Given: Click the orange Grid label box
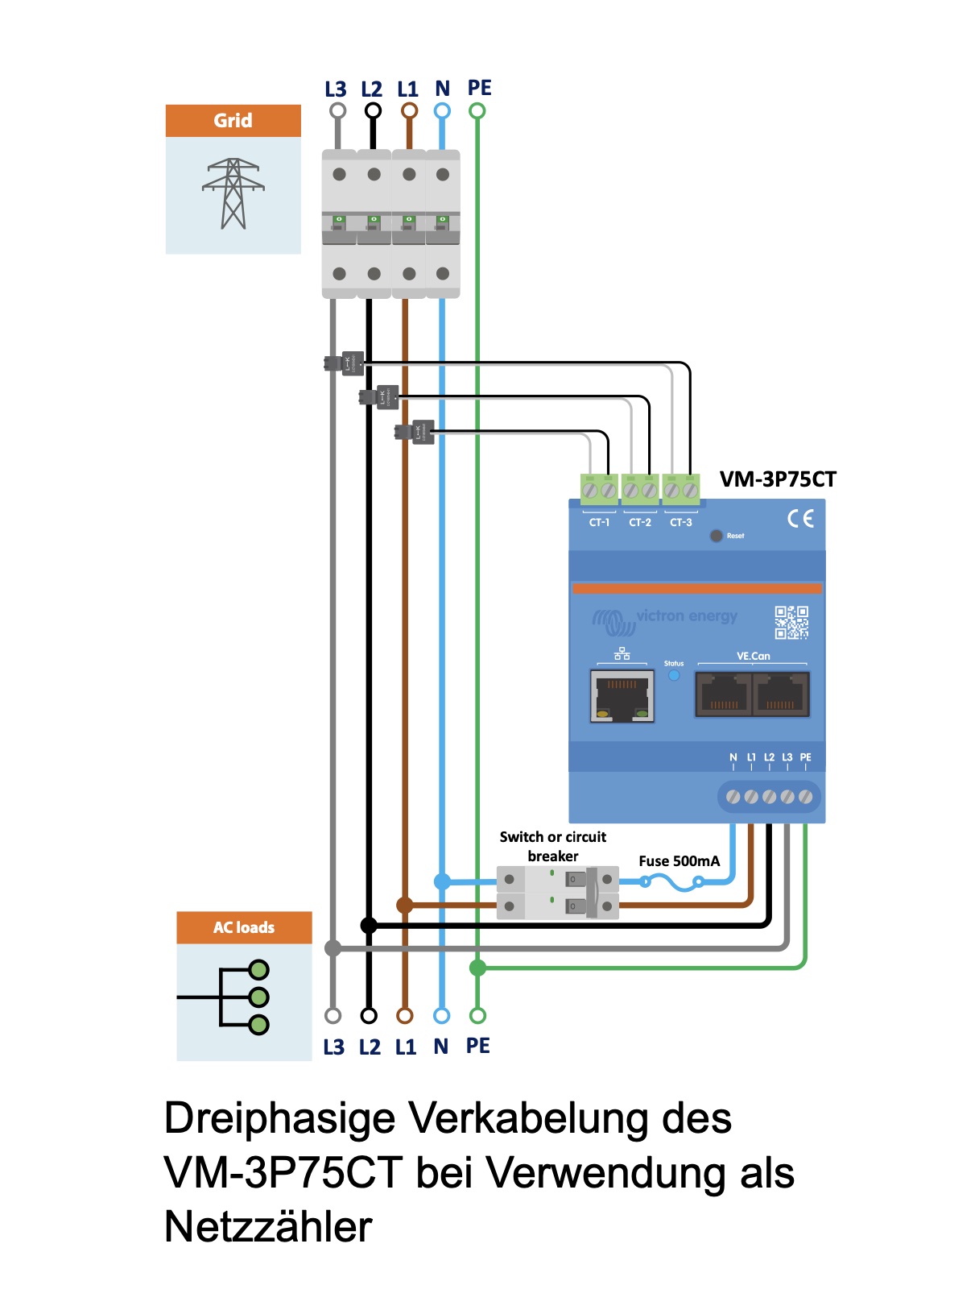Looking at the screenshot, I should click(x=233, y=121).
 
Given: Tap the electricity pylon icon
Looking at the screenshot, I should click(x=233, y=194).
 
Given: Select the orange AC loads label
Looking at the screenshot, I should click(x=244, y=927).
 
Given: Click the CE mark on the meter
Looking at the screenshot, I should click(x=800, y=518).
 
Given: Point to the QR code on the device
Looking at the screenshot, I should click(x=791, y=623).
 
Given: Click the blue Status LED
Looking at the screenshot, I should click(x=674, y=676).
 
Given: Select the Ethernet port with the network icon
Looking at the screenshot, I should click(x=622, y=694).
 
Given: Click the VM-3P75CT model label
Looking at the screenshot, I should click(x=778, y=479).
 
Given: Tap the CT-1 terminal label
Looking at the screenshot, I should click(x=599, y=523).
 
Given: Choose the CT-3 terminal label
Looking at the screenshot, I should click(x=681, y=523).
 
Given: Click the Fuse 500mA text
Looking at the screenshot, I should click(x=679, y=861).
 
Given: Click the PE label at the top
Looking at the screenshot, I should click(x=479, y=88).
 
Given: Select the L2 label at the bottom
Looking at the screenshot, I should click(x=370, y=1047).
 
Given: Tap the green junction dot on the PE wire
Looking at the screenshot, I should click(x=477, y=968).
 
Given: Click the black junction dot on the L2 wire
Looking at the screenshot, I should click(x=369, y=926).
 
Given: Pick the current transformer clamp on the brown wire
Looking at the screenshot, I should click(x=418, y=432).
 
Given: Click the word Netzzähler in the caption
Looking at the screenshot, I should click(x=268, y=1227).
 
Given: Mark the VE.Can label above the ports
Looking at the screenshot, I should click(x=753, y=657).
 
